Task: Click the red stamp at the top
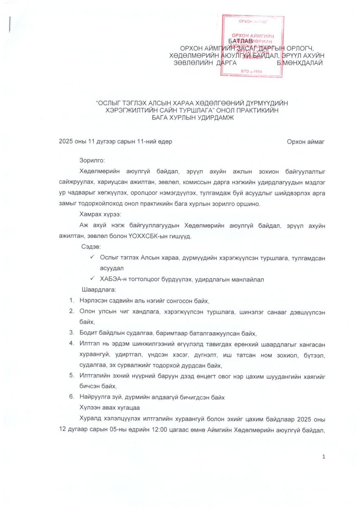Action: click(x=252, y=46)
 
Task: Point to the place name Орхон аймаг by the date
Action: click(x=305, y=142)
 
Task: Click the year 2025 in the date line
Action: click(x=66, y=142)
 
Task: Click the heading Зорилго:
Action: click(x=91, y=160)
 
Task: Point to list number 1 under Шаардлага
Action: click(x=72, y=301)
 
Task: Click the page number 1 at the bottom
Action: click(x=324, y=456)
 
